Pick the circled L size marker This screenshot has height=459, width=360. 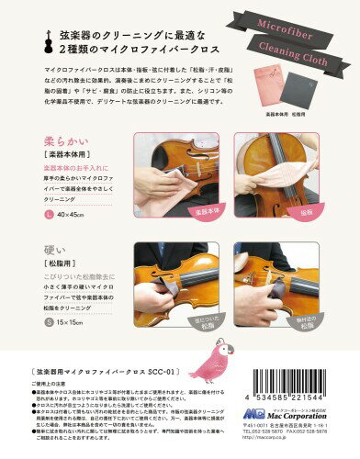tap(48, 215)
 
